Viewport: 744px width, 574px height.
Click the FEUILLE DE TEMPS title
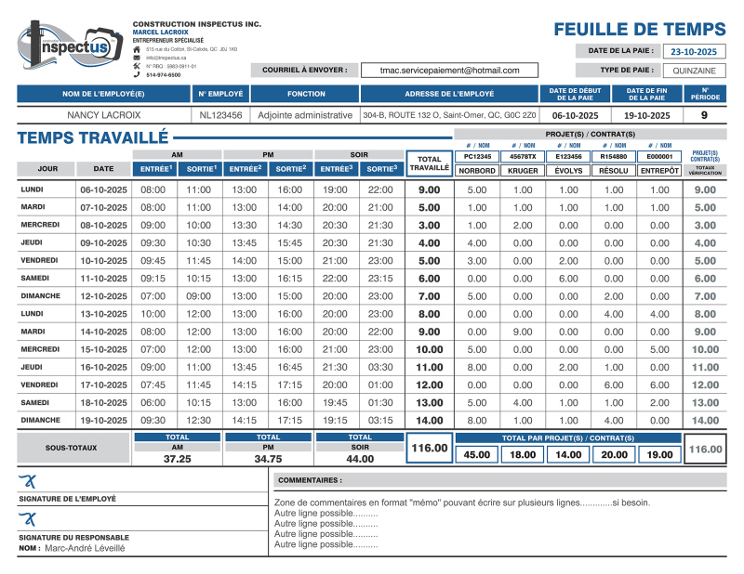click(640, 29)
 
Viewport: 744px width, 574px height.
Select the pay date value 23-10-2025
click(694, 51)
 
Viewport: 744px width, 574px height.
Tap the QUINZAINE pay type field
click(694, 70)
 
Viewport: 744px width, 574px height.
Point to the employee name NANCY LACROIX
click(104, 115)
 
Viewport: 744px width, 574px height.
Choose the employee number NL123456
click(220, 115)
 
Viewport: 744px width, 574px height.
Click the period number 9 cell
click(704, 115)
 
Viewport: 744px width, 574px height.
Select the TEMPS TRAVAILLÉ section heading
click(92, 138)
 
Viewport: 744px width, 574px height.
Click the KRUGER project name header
click(524, 170)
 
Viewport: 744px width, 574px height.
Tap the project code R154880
click(614, 157)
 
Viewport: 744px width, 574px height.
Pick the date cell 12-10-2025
click(103, 296)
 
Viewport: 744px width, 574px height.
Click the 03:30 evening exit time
click(380, 367)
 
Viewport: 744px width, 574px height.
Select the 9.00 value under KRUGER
click(524, 332)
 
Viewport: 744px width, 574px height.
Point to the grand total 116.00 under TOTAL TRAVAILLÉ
click(429, 449)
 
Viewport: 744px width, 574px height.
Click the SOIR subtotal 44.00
click(360, 459)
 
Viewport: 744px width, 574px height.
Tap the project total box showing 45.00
click(477, 454)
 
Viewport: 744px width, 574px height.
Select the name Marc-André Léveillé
click(85, 548)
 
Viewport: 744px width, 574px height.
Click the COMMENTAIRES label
click(310, 480)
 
